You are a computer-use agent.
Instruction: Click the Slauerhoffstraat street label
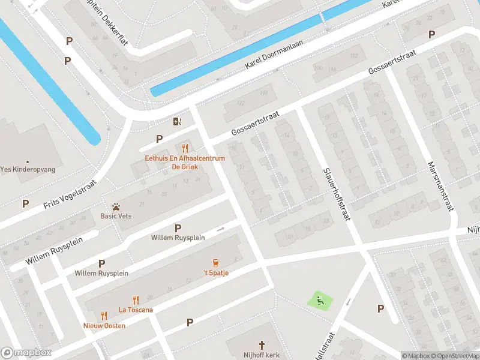tap(337, 194)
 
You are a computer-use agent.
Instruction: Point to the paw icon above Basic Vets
tap(116, 206)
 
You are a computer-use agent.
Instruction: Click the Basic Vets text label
tap(116, 216)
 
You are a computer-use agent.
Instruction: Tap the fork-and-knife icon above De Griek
tap(185, 148)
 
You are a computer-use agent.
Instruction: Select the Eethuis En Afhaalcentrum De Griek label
tap(185, 163)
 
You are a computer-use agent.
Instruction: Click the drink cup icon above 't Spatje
tap(215, 263)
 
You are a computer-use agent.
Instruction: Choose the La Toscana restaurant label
tap(136, 310)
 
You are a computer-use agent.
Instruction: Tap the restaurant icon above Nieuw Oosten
tap(104, 315)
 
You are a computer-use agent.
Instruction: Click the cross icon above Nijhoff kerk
tap(262, 345)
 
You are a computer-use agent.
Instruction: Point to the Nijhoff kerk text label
tap(262, 355)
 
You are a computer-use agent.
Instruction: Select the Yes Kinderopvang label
tap(28, 170)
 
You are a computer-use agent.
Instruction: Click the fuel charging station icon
tap(177, 122)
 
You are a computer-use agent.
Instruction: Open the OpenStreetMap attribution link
tap(454, 356)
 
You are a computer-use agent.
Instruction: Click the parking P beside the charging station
tap(160, 139)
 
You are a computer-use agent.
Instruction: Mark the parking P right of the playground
tap(380, 308)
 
